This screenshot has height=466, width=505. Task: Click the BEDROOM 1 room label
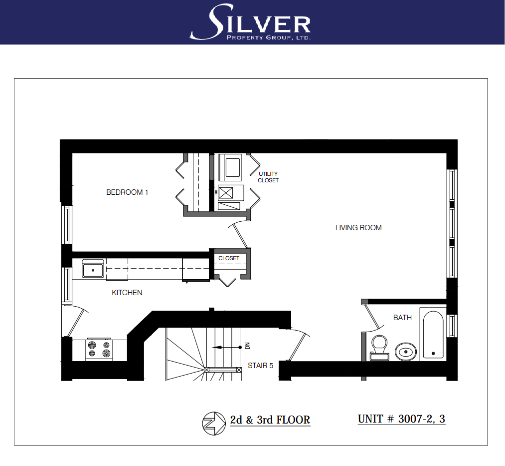127,192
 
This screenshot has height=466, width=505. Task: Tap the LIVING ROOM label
358,228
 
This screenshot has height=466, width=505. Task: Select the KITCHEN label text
127,293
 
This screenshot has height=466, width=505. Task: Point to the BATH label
403,318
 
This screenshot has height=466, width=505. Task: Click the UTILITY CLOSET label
268,177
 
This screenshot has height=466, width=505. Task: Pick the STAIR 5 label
261,366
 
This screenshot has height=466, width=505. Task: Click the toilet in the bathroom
379,348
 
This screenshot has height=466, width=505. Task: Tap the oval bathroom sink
406,352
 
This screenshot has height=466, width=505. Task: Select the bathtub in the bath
433,335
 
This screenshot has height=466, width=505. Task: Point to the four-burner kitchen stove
99,350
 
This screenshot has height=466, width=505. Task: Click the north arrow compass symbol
214,424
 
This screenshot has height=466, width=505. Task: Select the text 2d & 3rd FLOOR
270,420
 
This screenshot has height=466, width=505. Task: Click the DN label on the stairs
247,346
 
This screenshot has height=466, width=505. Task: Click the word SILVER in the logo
251,22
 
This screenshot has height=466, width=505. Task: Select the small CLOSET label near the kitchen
229,259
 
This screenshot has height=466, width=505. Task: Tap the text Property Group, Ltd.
269,38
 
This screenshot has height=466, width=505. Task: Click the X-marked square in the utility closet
226,193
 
